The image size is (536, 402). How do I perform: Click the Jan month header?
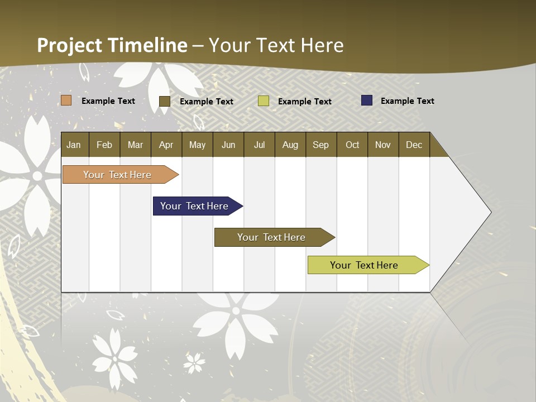click(74, 145)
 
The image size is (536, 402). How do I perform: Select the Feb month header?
click(104, 145)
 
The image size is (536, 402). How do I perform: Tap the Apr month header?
click(166, 145)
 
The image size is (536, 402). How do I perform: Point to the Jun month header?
click(228, 145)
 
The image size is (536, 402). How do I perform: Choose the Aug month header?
click(290, 145)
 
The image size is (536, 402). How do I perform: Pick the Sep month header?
click(320, 145)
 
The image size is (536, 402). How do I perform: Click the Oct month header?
click(352, 145)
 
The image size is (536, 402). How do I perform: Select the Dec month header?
click(414, 145)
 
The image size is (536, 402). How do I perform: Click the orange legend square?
click(66, 100)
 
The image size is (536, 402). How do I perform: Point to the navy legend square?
click(367, 100)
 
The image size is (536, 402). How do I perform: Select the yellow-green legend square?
click(264, 101)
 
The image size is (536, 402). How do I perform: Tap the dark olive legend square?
click(165, 101)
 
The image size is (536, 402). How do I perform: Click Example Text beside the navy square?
click(407, 101)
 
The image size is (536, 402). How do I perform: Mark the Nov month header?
click(383, 145)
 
